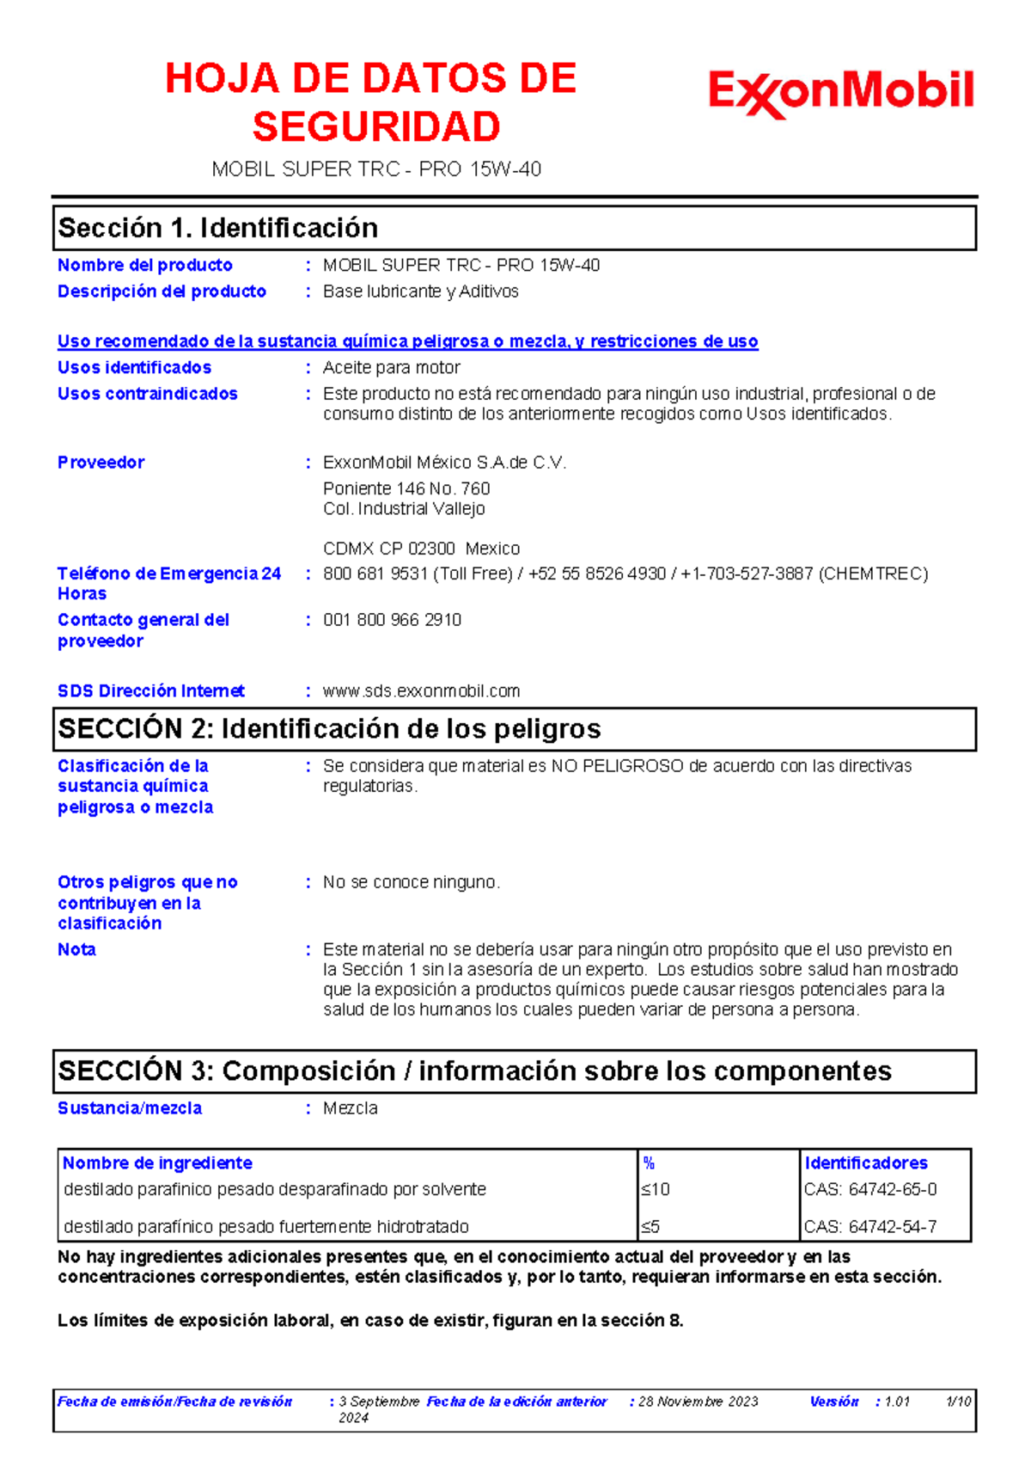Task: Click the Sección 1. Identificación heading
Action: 218,228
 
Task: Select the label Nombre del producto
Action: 144,266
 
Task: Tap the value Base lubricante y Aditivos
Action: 420,291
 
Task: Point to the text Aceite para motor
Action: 391,368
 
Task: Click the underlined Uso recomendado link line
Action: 407,341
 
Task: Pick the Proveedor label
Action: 101,463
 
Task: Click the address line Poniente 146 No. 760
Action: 406,488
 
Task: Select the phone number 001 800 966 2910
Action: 392,620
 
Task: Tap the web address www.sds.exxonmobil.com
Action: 421,691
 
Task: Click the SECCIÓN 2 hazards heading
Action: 329,729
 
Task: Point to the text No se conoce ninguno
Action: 411,882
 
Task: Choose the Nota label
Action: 76,950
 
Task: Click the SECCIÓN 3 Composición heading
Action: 474,1071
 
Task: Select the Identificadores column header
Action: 866,1163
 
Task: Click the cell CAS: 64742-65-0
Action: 870,1190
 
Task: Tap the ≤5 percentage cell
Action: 650,1227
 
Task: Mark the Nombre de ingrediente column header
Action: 157,1163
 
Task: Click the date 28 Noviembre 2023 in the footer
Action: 698,1402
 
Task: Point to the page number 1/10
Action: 958,1402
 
